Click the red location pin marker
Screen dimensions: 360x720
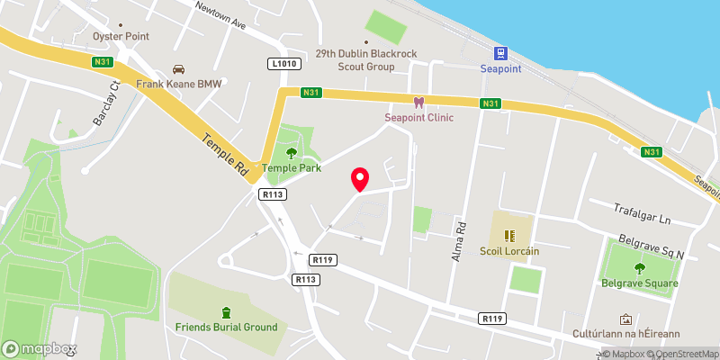tap(360, 178)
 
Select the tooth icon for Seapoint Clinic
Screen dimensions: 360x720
tap(418, 103)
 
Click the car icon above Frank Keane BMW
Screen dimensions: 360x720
tap(178, 69)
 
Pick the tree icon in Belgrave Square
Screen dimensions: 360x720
tap(640, 267)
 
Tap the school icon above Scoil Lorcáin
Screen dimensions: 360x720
tap(509, 236)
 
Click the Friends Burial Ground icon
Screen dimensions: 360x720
tap(226, 311)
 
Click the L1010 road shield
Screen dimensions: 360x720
tap(283, 64)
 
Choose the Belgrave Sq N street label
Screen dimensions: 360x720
tap(652, 247)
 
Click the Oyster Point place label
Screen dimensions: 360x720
tap(121, 37)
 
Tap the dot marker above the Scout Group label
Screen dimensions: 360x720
tap(366, 41)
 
